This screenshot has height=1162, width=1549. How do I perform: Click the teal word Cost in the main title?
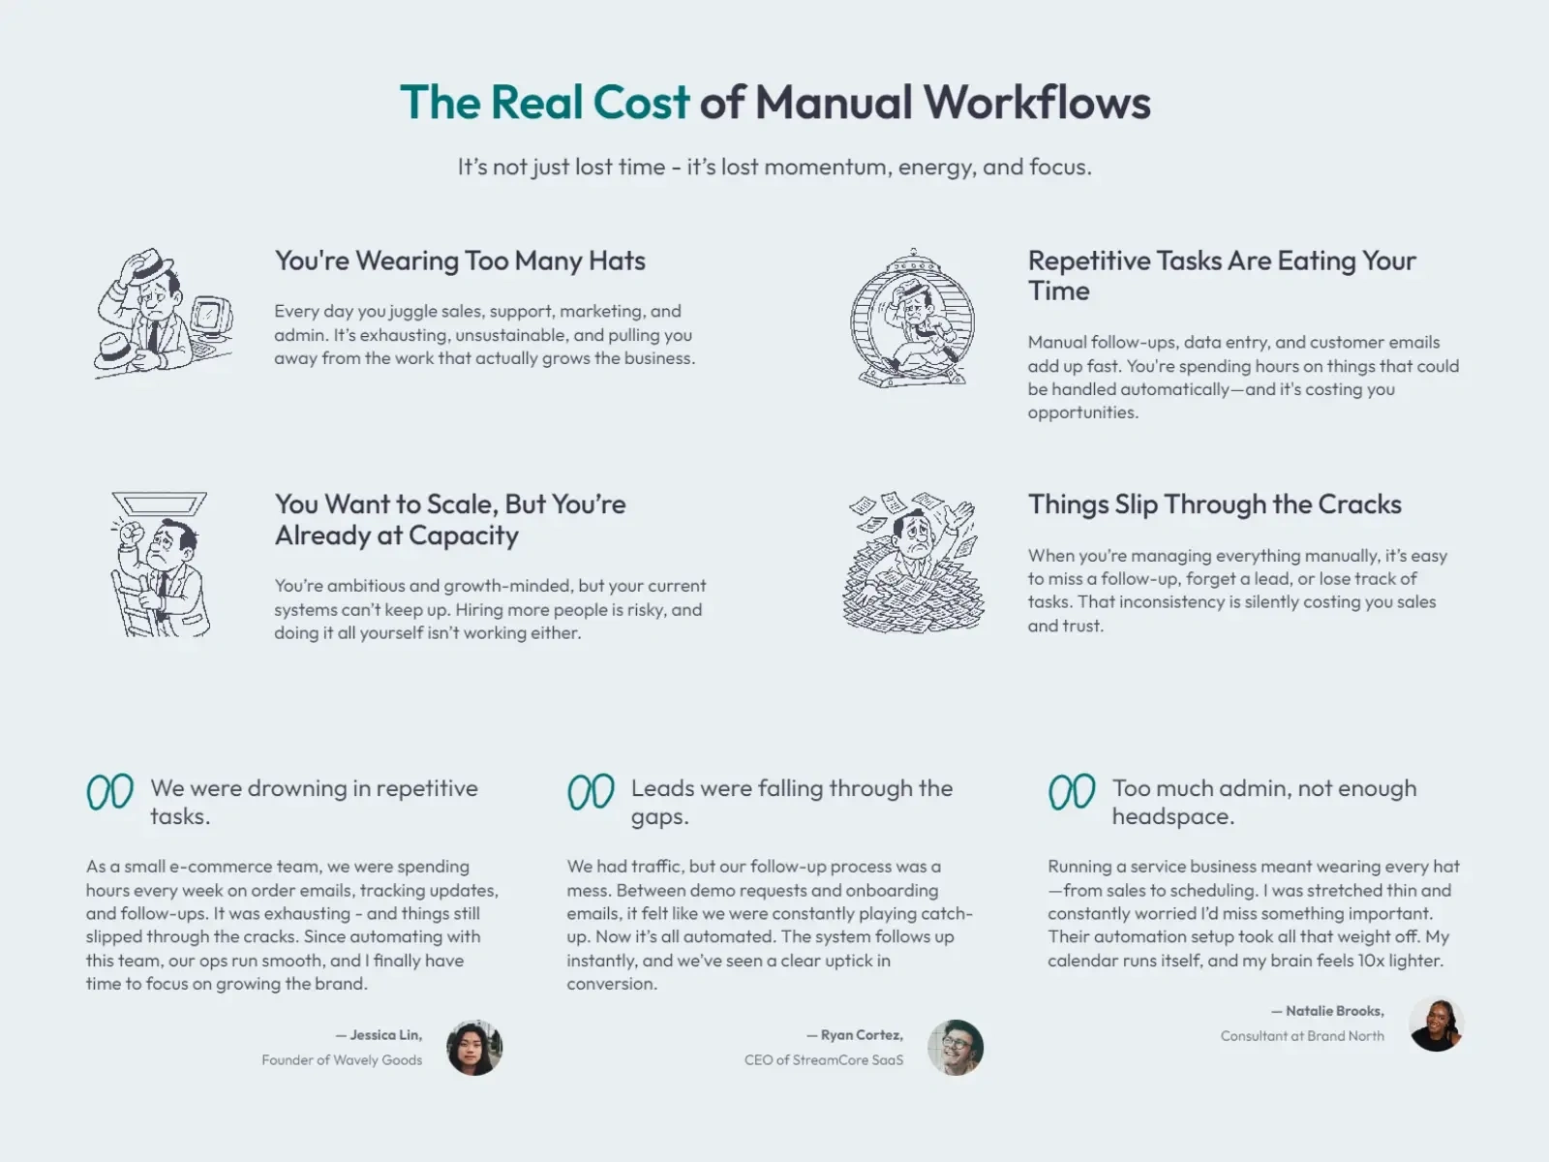click(641, 102)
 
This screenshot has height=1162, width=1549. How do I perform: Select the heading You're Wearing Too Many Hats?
click(460, 260)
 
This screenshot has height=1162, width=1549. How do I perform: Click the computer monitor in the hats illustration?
click(210, 317)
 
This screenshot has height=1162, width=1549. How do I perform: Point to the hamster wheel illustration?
click(913, 318)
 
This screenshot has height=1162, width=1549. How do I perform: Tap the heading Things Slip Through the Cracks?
click(1214, 505)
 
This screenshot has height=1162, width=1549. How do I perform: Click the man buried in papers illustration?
click(913, 563)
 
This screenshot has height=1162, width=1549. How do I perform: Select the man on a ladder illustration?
click(160, 565)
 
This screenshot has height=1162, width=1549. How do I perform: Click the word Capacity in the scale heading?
click(463, 535)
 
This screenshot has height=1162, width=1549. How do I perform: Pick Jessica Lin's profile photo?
click(474, 1047)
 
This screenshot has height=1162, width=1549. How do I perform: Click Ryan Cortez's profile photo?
click(955, 1047)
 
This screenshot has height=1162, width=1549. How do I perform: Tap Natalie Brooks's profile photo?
click(1436, 1024)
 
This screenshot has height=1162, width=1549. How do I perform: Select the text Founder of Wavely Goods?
click(342, 1059)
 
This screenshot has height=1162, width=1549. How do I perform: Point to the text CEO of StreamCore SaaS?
click(824, 1059)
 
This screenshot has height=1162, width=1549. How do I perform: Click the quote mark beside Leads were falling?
click(591, 791)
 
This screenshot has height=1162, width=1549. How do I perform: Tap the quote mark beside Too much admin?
click(1072, 791)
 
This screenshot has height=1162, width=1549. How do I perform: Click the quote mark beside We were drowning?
click(110, 791)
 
